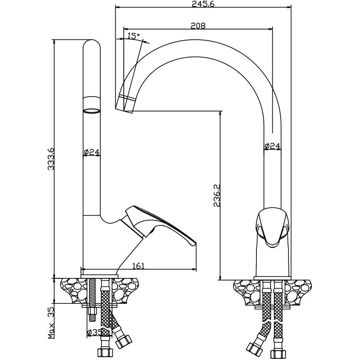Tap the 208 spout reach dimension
pyautogui.click(x=198, y=25)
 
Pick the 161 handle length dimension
pyautogui.click(x=138, y=266)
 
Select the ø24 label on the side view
pyautogui.click(x=92, y=152)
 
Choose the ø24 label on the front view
pyautogui.click(x=272, y=146)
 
